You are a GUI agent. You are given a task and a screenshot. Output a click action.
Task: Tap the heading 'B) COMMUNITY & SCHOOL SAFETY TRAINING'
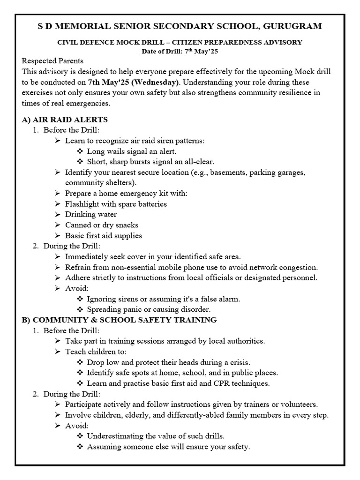pyautogui.click(x=119, y=320)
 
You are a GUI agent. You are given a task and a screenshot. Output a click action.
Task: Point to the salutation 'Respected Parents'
pyautogui.click(x=52, y=61)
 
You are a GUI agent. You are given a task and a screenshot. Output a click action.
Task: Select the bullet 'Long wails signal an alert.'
pyautogui.click(x=132, y=151)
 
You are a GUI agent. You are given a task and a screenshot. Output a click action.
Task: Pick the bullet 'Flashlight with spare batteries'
pyautogui.click(x=116, y=204)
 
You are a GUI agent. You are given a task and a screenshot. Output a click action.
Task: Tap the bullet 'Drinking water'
pyautogui.click(x=91, y=214)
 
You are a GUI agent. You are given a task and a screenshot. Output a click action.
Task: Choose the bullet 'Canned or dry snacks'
pyautogui.click(x=102, y=225)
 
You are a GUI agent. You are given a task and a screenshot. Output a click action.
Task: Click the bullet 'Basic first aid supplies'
pyautogui.click(x=103, y=235)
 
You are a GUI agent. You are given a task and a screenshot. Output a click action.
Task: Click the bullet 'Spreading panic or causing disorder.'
pyautogui.click(x=149, y=309)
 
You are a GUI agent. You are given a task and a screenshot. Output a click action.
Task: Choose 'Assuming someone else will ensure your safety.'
pyautogui.click(x=168, y=447)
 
